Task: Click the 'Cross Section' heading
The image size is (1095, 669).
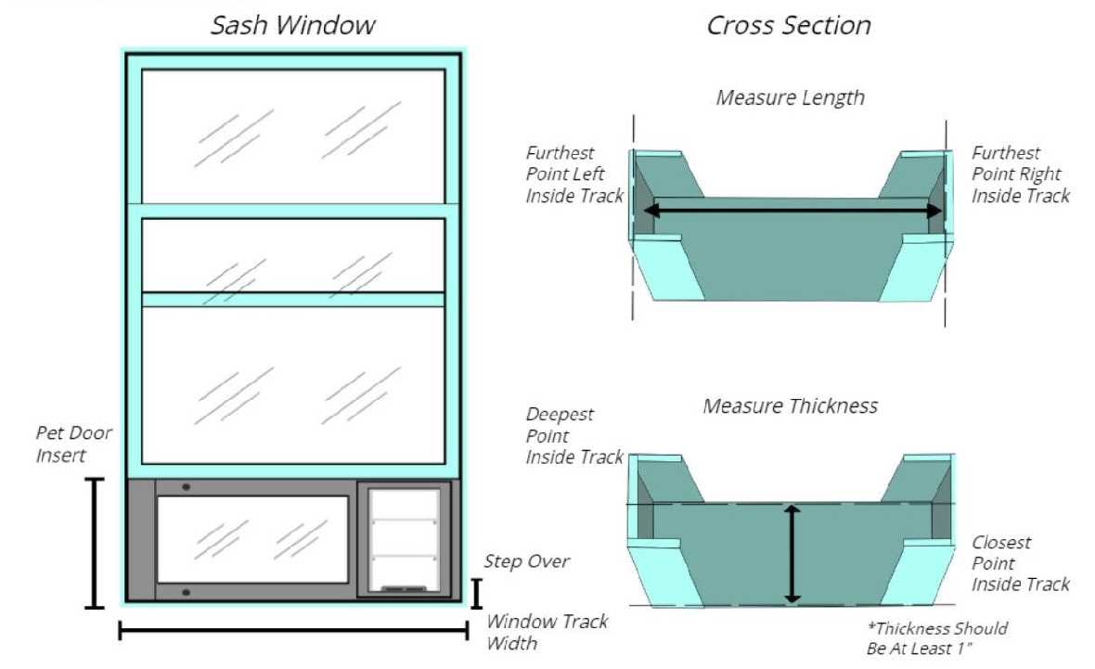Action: [789, 26]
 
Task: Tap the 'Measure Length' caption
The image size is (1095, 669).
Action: [790, 97]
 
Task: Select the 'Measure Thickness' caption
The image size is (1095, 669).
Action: [790, 405]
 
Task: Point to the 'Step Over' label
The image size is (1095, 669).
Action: [526, 561]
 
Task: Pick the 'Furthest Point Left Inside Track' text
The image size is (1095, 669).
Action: [573, 174]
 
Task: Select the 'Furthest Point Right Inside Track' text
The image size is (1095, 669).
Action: [1020, 174]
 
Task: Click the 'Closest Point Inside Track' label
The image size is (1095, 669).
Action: [1020, 562]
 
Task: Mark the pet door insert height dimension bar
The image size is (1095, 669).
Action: [94, 543]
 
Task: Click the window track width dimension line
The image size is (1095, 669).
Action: [293, 633]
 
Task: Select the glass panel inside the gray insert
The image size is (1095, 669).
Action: [252, 538]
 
